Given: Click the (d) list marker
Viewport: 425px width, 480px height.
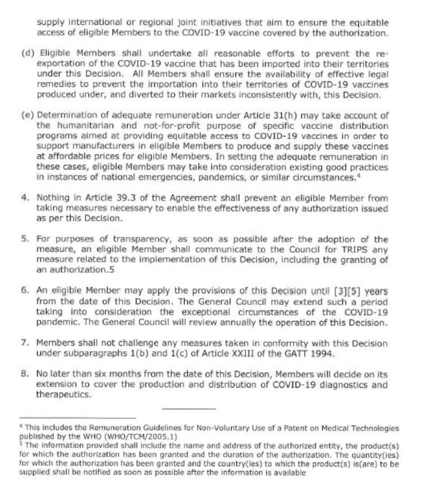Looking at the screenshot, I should pos(27,52).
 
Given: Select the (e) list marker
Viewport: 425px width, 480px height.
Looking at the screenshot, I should pos(27,115).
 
